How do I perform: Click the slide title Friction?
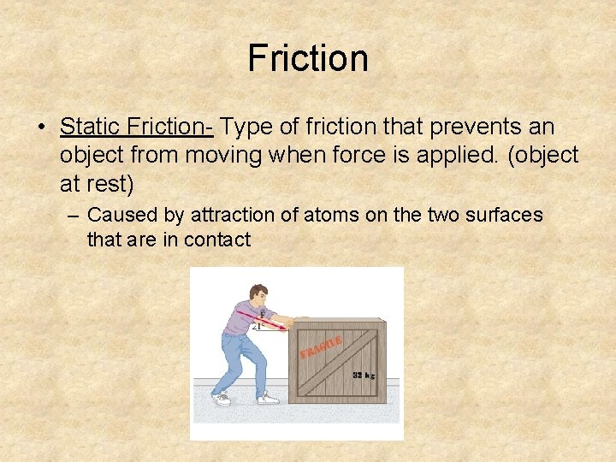[308, 58]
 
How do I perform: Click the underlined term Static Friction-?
[136, 127]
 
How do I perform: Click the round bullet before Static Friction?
[41, 127]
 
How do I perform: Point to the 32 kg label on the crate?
[364, 375]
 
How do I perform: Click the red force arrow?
[274, 321]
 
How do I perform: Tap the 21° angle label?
[257, 326]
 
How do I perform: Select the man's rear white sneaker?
[221, 399]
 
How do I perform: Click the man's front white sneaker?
[268, 398]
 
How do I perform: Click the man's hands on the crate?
[295, 323]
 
